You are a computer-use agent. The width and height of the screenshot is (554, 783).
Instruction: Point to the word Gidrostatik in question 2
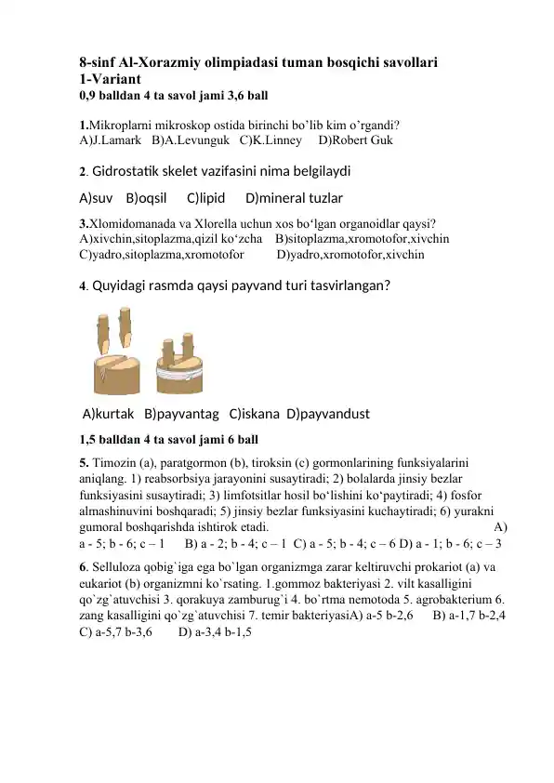[x=137, y=171]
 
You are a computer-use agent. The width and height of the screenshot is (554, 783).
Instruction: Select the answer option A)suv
[x=97, y=198]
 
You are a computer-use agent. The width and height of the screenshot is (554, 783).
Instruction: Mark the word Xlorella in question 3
[x=218, y=222]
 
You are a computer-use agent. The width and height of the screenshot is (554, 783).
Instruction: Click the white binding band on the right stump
[x=176, y=370]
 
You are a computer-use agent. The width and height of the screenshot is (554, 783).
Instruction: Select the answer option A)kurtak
[x=111, y=413]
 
